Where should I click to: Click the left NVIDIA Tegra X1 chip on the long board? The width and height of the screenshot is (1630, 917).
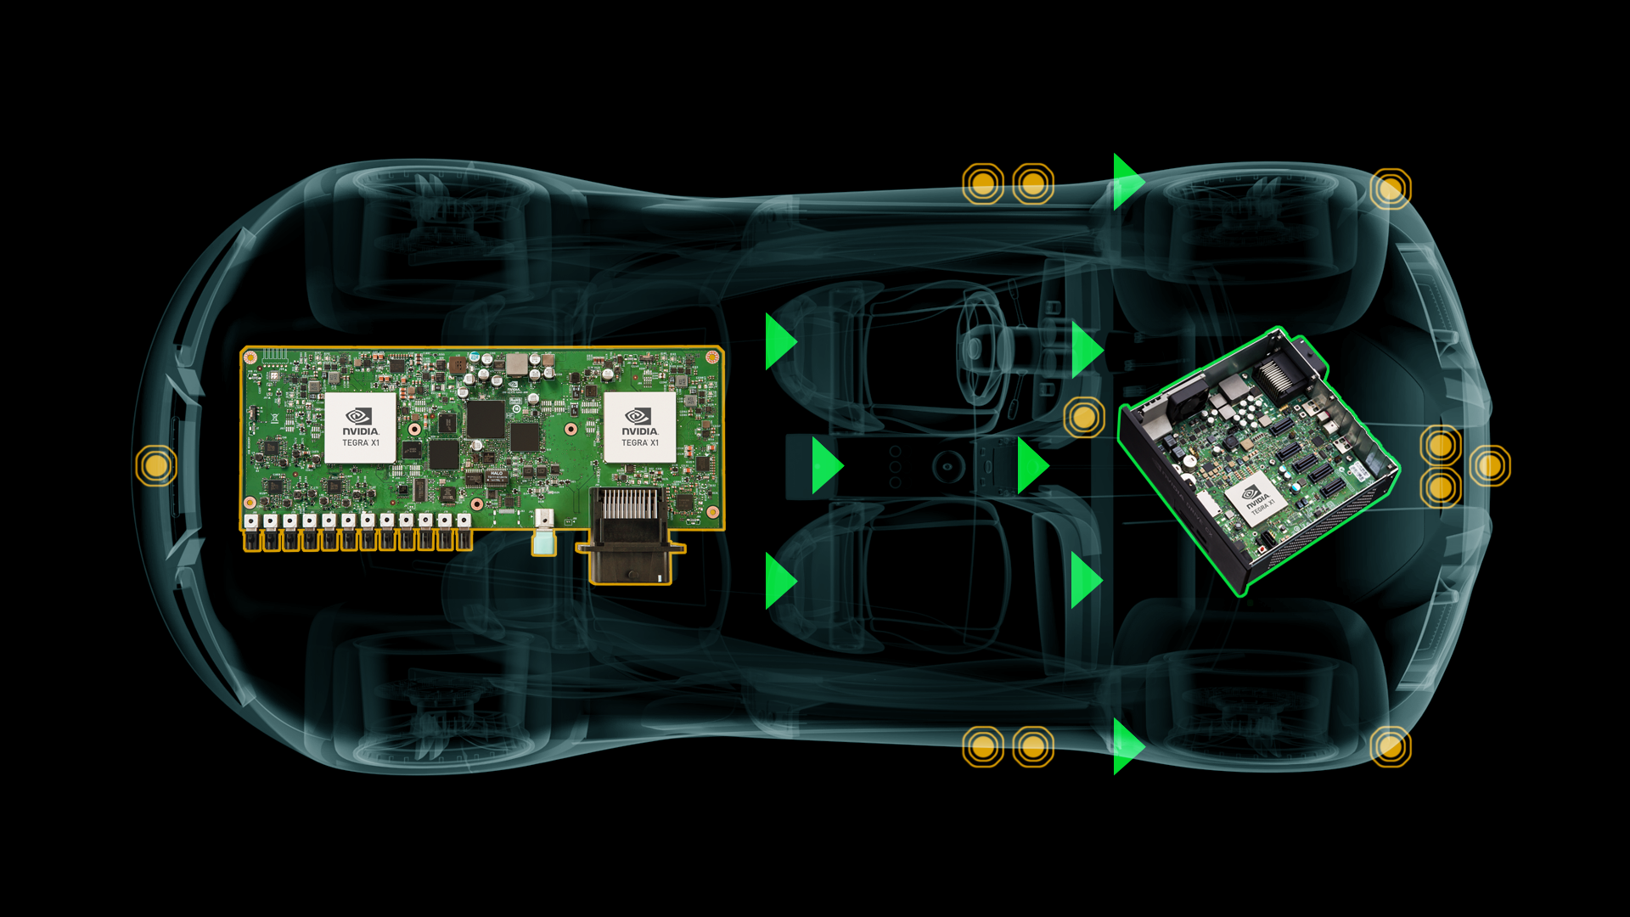(x=360, y=427)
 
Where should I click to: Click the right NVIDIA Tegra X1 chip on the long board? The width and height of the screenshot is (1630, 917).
(x=639, y=427)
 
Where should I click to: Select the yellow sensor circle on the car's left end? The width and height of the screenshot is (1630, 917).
(x=156, y=465)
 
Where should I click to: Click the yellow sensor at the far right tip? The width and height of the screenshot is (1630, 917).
(x=1490, y=465)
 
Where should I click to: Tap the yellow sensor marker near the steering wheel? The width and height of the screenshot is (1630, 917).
(x=1084, y=417)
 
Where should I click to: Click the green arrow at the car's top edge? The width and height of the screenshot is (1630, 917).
(x=1126, y=182)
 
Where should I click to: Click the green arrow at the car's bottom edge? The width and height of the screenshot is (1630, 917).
(x=1126, y=746)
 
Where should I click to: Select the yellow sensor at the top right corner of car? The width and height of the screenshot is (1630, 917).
(x=1390, y=188)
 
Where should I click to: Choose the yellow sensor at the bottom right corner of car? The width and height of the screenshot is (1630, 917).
(x=1390, y=746)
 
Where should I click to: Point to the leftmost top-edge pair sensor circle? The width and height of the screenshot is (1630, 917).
(x=982, y=183)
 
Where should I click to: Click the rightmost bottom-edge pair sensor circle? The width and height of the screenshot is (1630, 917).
(x=1032, y=746)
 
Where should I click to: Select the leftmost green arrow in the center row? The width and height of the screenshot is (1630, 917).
(x=824, y=465)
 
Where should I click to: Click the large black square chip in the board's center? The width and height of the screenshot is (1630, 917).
(x=486, y=419)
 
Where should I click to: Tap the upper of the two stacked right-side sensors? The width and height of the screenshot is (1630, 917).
(x=1440, y=445)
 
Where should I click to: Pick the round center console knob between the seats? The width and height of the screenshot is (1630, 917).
(x=947, y=465)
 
